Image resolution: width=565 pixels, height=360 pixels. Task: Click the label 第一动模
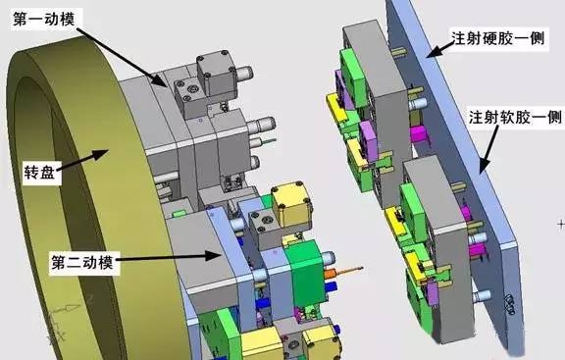tap(43, 19)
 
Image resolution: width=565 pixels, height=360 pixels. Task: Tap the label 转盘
tap(39, 172)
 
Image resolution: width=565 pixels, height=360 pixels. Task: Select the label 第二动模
tap(81, 262)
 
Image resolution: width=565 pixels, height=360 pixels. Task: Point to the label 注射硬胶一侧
tap(497, 38)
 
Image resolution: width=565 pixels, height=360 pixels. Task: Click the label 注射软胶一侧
tap(515, 117)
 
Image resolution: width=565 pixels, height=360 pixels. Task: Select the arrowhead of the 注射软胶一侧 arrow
tap(485, 165)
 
